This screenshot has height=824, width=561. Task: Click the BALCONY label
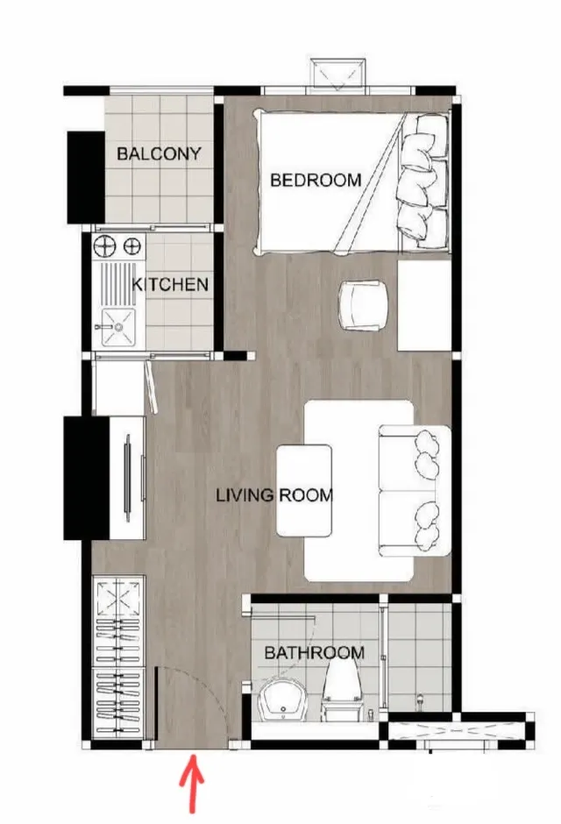(159, 153)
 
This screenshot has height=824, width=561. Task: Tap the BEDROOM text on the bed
(316, 181)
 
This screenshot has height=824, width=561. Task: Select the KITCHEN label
(170, 284)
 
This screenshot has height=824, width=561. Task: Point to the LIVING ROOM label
(274, 495)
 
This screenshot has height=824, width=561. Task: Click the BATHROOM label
(314, 653)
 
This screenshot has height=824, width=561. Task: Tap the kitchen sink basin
(118, 327)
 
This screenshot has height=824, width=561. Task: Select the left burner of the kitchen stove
(104, 245)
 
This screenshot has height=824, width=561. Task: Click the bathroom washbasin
(281, 700)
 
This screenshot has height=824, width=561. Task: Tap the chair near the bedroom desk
(364, 306)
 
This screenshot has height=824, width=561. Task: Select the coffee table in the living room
(305, 490)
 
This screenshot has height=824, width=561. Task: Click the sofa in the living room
(415, 490)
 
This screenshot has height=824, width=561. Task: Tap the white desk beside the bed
(424, 305)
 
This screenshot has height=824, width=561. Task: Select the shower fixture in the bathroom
(420, 701)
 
